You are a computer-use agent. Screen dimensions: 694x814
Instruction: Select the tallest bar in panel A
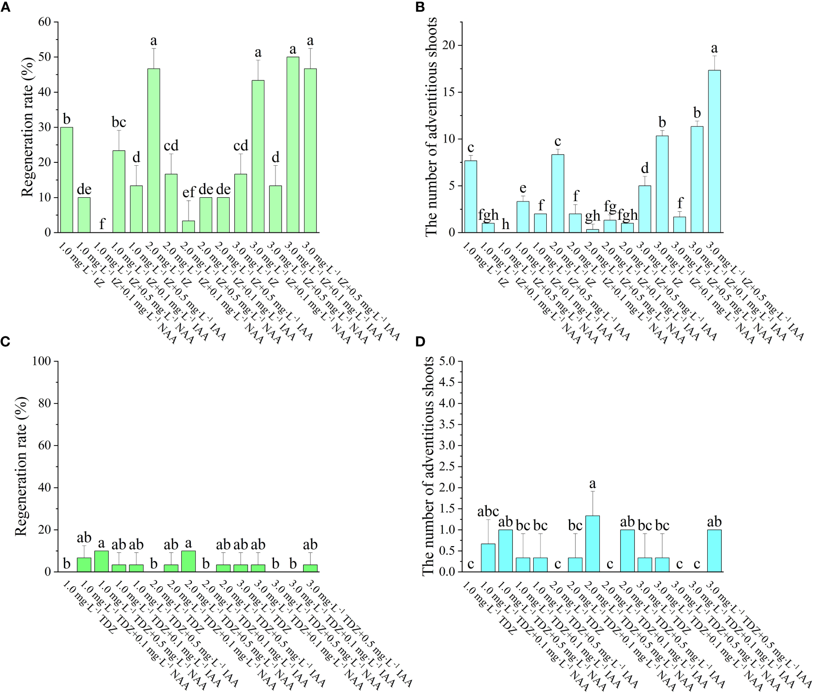[x=293, y=145]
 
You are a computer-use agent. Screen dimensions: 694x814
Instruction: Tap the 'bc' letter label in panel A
[x=118, y=122]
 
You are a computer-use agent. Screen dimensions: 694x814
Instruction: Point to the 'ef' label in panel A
[x=189, y=193]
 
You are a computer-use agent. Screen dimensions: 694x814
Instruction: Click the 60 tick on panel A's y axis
[x=44, y=22]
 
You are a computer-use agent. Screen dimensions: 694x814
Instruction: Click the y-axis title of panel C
[x=22, y=466]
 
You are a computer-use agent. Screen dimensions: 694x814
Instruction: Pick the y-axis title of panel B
[x=432, y=127]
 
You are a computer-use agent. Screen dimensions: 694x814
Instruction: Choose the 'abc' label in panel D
[x=488, y=511]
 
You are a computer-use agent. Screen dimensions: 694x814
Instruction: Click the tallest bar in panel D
[x=592, y=544]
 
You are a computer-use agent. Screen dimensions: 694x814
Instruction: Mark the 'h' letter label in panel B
[x=505, y=225]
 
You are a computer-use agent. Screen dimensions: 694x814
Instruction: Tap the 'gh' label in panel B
[x=592, y=216]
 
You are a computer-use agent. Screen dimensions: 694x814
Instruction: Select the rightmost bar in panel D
[x=714, y=551]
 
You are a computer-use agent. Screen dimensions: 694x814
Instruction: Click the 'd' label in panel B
[x=644, y=169]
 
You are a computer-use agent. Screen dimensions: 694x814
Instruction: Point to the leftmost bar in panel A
[x=66, y=180]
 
